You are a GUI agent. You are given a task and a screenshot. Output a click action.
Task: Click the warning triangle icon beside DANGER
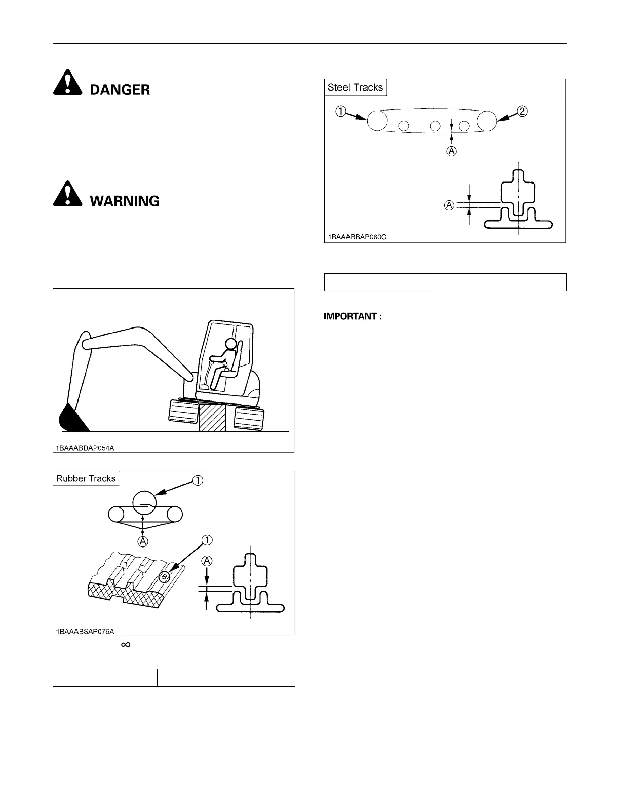tap(67, 84)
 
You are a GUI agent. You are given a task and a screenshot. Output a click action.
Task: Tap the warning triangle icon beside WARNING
tap(67, 194)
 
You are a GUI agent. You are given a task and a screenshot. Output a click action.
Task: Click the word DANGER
tap(120, 90)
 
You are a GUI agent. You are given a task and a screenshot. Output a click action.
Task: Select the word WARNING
tap(125, 201)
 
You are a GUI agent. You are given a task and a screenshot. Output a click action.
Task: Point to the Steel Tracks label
tap(355, 87)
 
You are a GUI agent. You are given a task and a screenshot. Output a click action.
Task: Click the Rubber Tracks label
tap(86, 478)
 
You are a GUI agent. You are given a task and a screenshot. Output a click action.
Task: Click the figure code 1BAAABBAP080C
tap(357, 237)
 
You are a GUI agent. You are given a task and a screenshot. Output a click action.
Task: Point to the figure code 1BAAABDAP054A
tap(86, 448)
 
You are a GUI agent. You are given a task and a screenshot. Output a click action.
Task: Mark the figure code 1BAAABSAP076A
tap(86, 631)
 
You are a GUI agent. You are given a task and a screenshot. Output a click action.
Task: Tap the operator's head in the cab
tap(231, 344)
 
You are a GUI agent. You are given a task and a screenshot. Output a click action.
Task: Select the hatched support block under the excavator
tap(213, 417)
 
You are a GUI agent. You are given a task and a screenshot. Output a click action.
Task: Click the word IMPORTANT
tap(353, 316)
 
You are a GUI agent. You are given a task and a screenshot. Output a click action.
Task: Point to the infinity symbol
tap(126, 644)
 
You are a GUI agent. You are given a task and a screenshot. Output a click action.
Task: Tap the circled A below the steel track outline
tap(451, 151)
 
